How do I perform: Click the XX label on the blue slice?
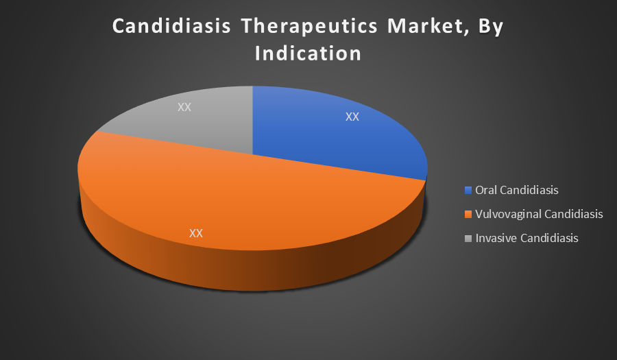(x=352, y=117)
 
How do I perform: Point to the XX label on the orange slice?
(x=196, y=233)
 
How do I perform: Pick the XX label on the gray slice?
(x=184, y=107)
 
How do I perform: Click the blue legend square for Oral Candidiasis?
(x=468, y=191)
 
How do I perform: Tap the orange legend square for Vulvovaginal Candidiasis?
(x=468, y=215)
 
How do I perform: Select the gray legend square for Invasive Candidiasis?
(x=468, y=239)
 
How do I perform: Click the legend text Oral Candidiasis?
(x=517, y=190)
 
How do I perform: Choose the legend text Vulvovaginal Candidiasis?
(x=539, y=215)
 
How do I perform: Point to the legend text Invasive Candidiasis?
(x=527, y=238)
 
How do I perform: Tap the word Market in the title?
(x=428, y=27)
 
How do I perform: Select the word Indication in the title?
(x=308, y=53)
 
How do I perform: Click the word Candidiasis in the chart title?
(x=171, y=26)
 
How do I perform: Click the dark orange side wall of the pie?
(x=252, y=271)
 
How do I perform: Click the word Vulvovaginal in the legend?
(x=504, y=215)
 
